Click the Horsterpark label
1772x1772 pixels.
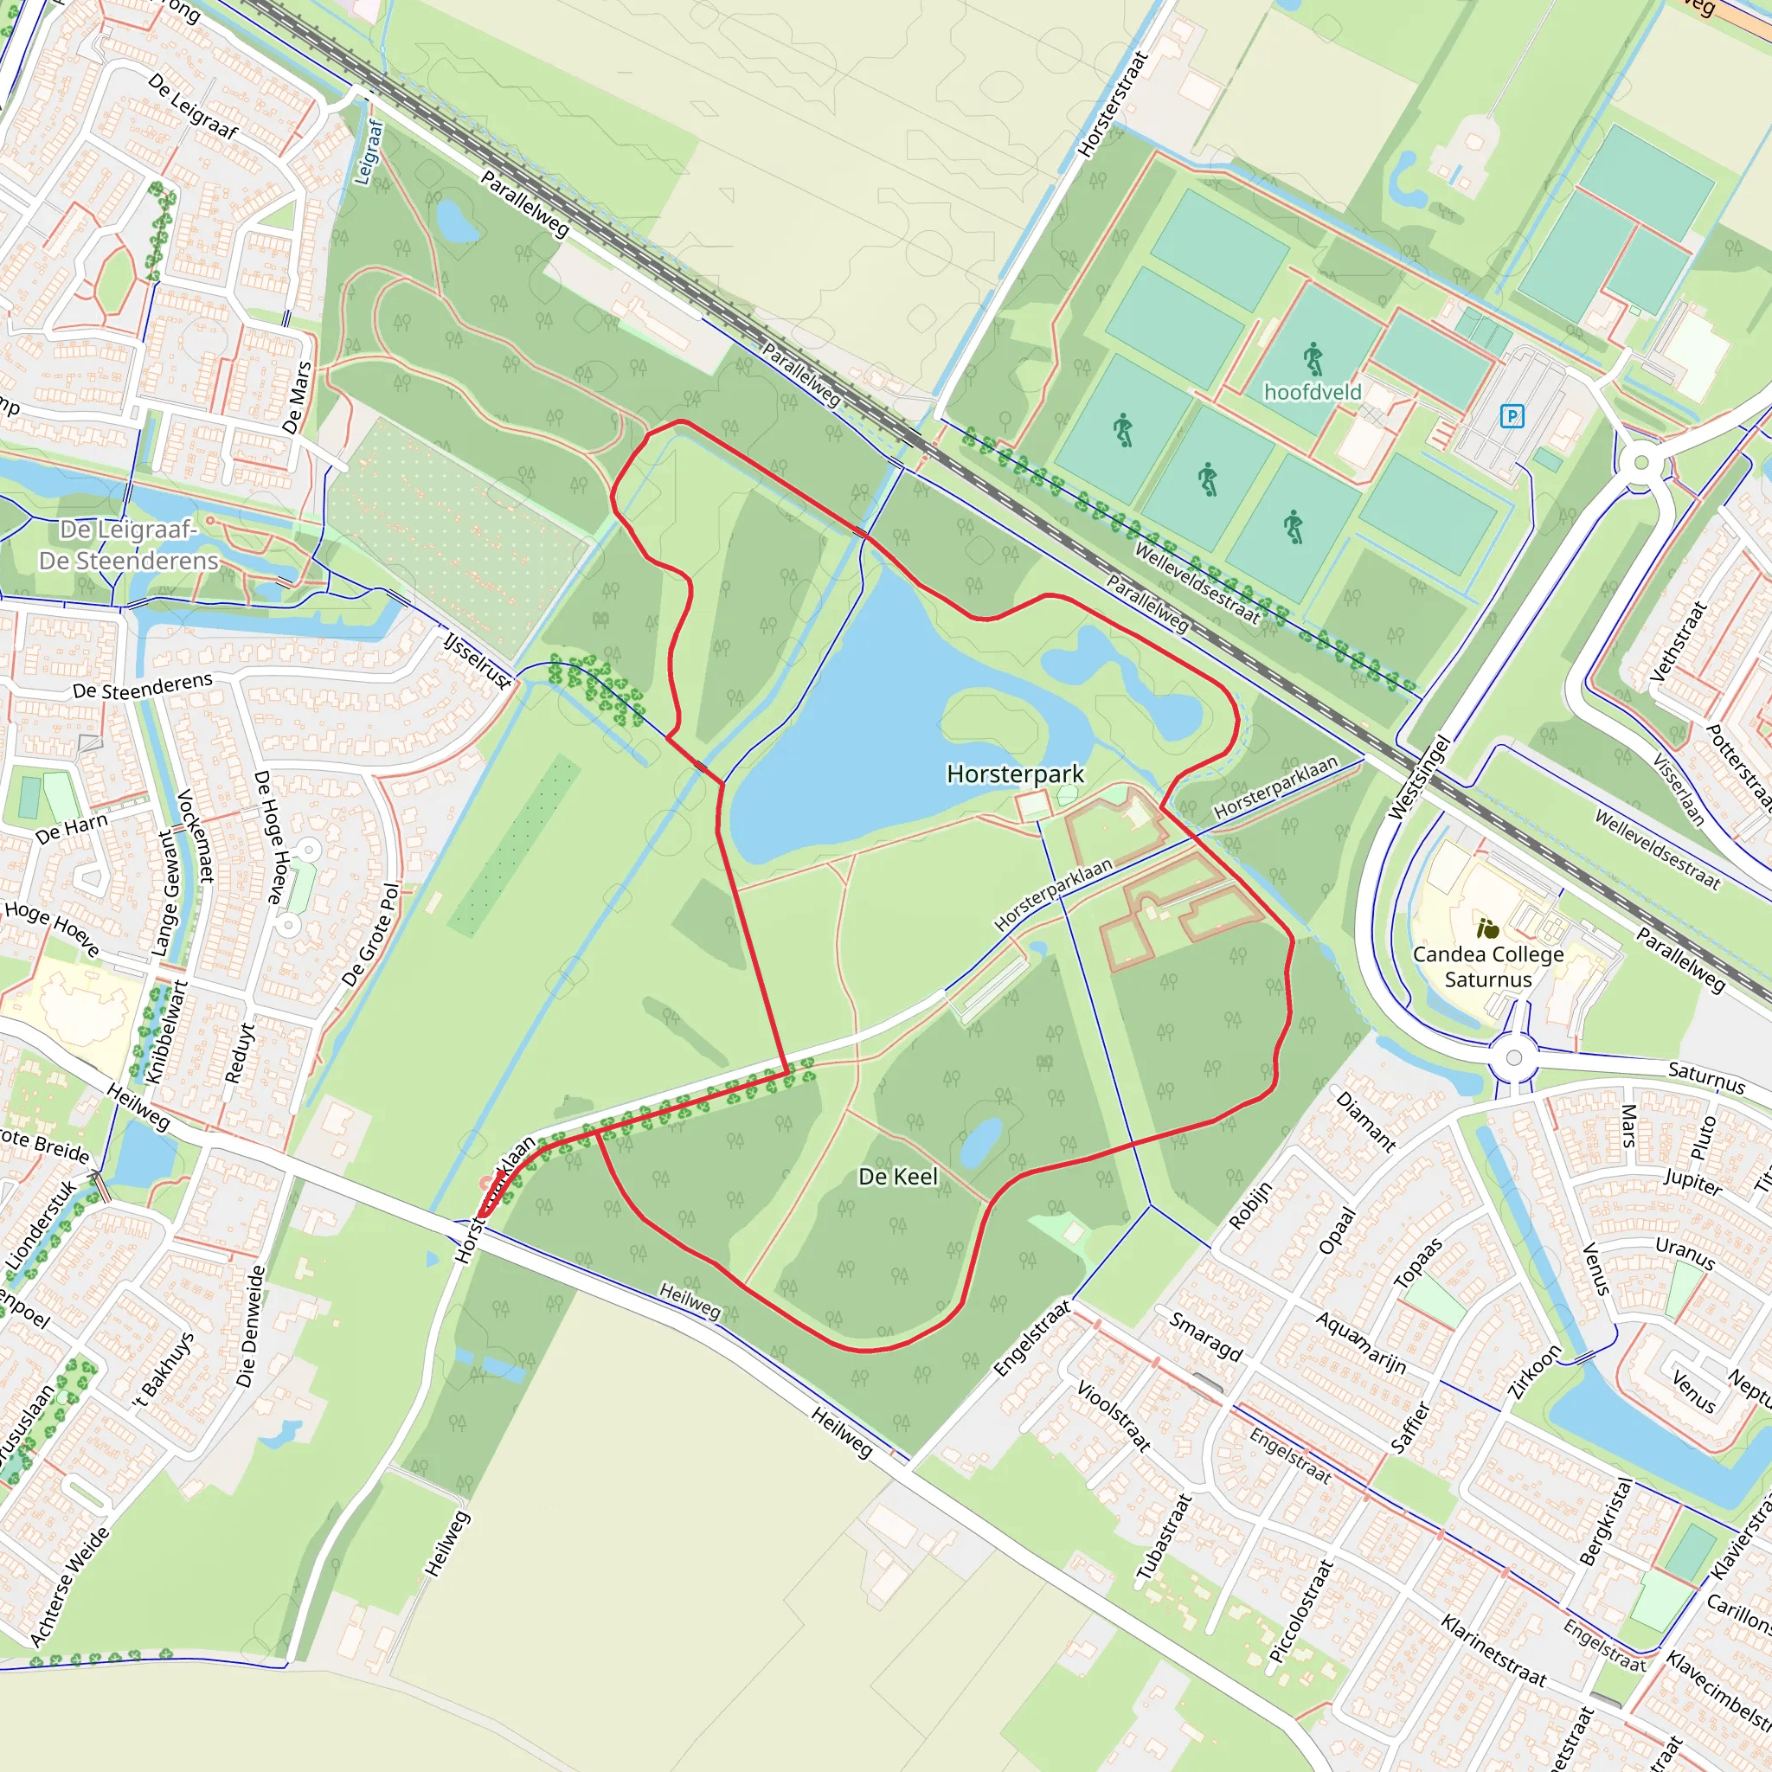1015,774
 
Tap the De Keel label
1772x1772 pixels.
898,1177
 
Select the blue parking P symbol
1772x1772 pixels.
1512,416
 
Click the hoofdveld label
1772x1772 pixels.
1313,393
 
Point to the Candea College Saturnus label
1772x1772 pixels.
1487,966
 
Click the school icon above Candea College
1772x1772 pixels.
1487,929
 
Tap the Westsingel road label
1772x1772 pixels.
1419,777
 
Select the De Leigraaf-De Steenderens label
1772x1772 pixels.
128,545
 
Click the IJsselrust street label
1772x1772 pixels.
477,659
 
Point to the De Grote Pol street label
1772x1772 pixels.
371,934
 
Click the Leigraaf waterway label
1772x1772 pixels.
369,151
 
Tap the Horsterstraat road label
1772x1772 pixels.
1113,105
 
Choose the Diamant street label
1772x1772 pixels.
1365,1121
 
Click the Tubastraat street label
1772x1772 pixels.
1164,1538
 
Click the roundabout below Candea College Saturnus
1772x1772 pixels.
1513,1057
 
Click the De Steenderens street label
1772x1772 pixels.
142,685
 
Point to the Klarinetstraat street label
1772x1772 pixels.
1493,1651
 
